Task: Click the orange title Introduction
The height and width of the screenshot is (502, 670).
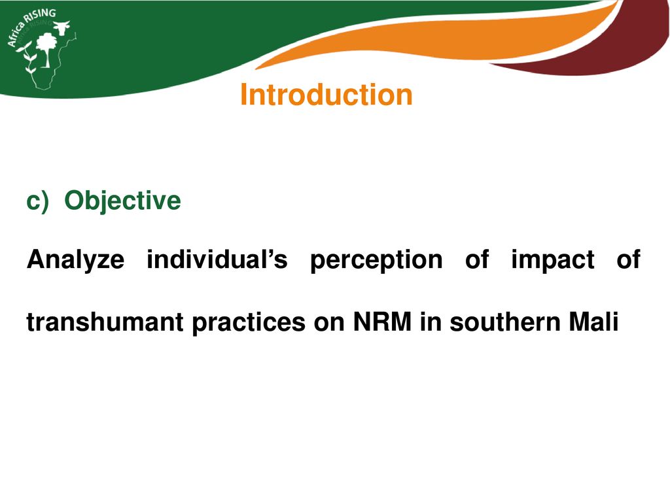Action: point(326,94)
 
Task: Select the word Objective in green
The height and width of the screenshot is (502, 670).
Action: point(122,200)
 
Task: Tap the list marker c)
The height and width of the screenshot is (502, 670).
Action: point(37,201)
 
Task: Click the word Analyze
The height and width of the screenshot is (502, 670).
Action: point(76,259)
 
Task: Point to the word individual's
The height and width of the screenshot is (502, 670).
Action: point(217,259)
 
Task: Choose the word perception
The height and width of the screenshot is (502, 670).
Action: point(376,260)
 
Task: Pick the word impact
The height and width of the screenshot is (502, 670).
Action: point(553,260)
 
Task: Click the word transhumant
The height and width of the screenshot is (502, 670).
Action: point(105,322)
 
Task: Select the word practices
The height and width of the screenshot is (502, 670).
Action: point(249,323)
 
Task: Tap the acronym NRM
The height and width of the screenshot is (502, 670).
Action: point(382,322)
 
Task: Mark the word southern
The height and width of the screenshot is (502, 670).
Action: point(504,322)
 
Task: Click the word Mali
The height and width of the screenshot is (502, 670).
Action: point(593,322)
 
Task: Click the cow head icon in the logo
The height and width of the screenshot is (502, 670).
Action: point(62,27)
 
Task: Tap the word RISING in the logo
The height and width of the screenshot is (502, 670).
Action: point(40,16)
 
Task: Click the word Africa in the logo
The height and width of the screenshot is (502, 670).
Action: point(16,34)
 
